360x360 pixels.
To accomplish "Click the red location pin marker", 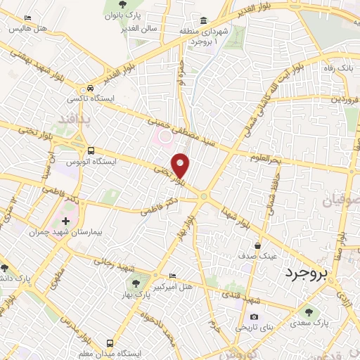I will pos(181,165).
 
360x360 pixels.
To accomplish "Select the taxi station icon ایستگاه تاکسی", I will pos(90,89).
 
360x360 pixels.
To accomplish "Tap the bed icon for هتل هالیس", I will pos(27,18).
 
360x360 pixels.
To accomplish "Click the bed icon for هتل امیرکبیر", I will pos(174,275).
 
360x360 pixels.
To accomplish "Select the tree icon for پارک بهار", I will pos(136,283).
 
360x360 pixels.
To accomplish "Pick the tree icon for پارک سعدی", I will pos(308,311).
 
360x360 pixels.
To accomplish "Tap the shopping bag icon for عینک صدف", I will pos(259,246).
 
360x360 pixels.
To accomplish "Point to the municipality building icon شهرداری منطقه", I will pos(203,19).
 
